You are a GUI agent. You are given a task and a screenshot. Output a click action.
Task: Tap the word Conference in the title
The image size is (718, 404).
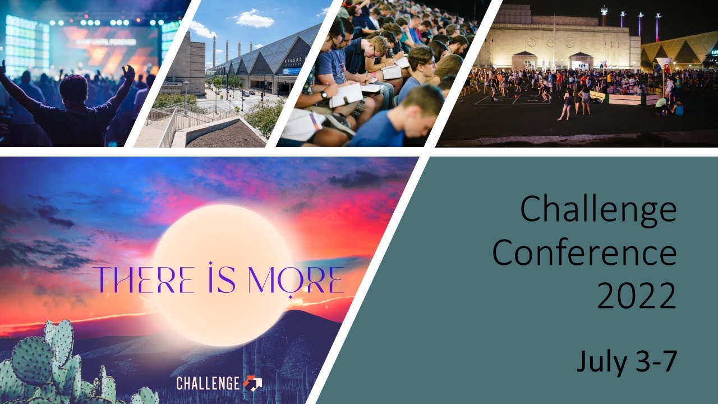(584, 254)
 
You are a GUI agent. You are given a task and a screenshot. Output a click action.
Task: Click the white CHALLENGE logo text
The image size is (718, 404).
(208, 384)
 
